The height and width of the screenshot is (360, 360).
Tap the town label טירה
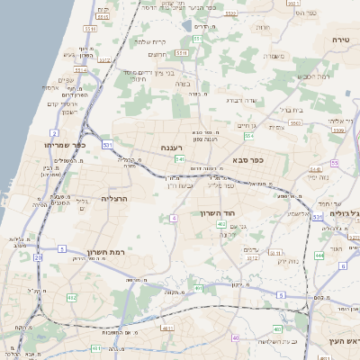tap(340, 40)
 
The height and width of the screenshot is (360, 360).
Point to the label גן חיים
tap(247, 125)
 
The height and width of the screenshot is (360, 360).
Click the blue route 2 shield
tap(55, 132)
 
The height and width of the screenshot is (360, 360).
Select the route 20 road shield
tap(38, 257)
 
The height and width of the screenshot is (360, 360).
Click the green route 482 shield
tap(72, 297)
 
